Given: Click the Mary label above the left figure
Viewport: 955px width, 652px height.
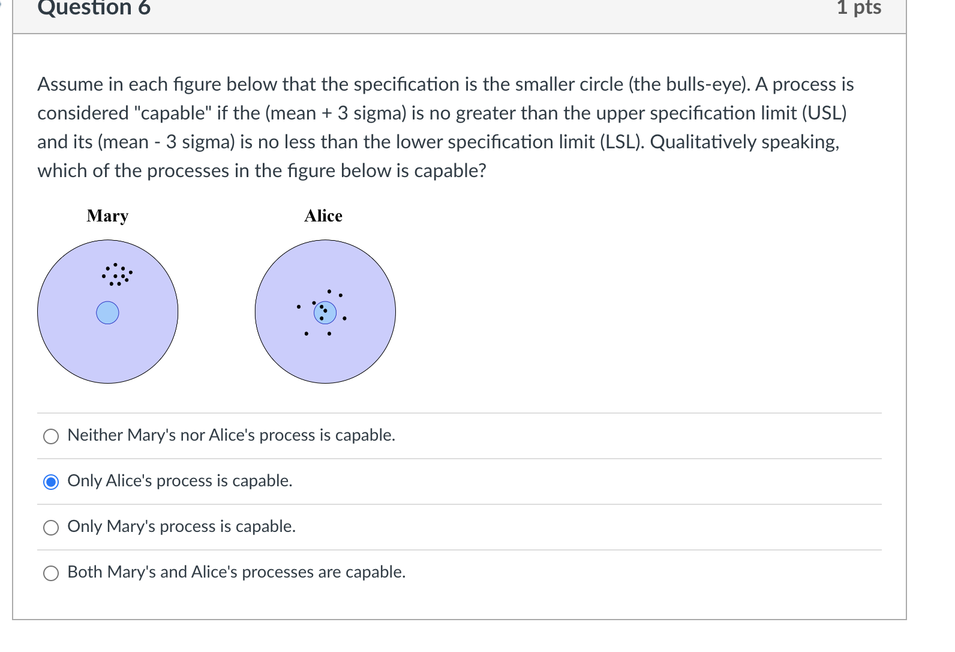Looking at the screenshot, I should tap(107, 216).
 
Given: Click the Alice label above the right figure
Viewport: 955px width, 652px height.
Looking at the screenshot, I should tap(323, 216).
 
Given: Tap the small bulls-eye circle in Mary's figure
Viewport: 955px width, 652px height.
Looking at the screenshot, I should tap(108, 313).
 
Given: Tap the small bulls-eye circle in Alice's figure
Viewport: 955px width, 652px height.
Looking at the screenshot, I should tap(325, 312).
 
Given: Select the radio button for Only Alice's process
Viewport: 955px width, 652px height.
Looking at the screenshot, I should tap(52, 481).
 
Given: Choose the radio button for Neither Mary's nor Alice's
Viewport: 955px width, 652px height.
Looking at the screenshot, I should tap(52, 436).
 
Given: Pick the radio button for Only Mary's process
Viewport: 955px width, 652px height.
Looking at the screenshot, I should tap(52, 527).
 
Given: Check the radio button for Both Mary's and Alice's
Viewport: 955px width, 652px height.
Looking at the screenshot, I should tap(52, 573).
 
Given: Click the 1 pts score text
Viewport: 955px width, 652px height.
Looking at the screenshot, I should tap(859, 8).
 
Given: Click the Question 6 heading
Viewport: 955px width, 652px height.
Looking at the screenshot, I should tap(94, 8).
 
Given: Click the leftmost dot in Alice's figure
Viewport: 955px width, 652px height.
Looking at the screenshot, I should tap(298, 307).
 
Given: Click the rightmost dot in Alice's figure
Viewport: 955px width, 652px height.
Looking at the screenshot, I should tap(344, 318).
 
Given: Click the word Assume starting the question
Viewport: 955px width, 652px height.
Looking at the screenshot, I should tap(70, 84).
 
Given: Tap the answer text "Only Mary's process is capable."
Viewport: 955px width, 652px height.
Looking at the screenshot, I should tap(181, 527).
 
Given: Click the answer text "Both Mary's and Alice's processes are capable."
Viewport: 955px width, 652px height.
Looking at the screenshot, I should tap(236, 572).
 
